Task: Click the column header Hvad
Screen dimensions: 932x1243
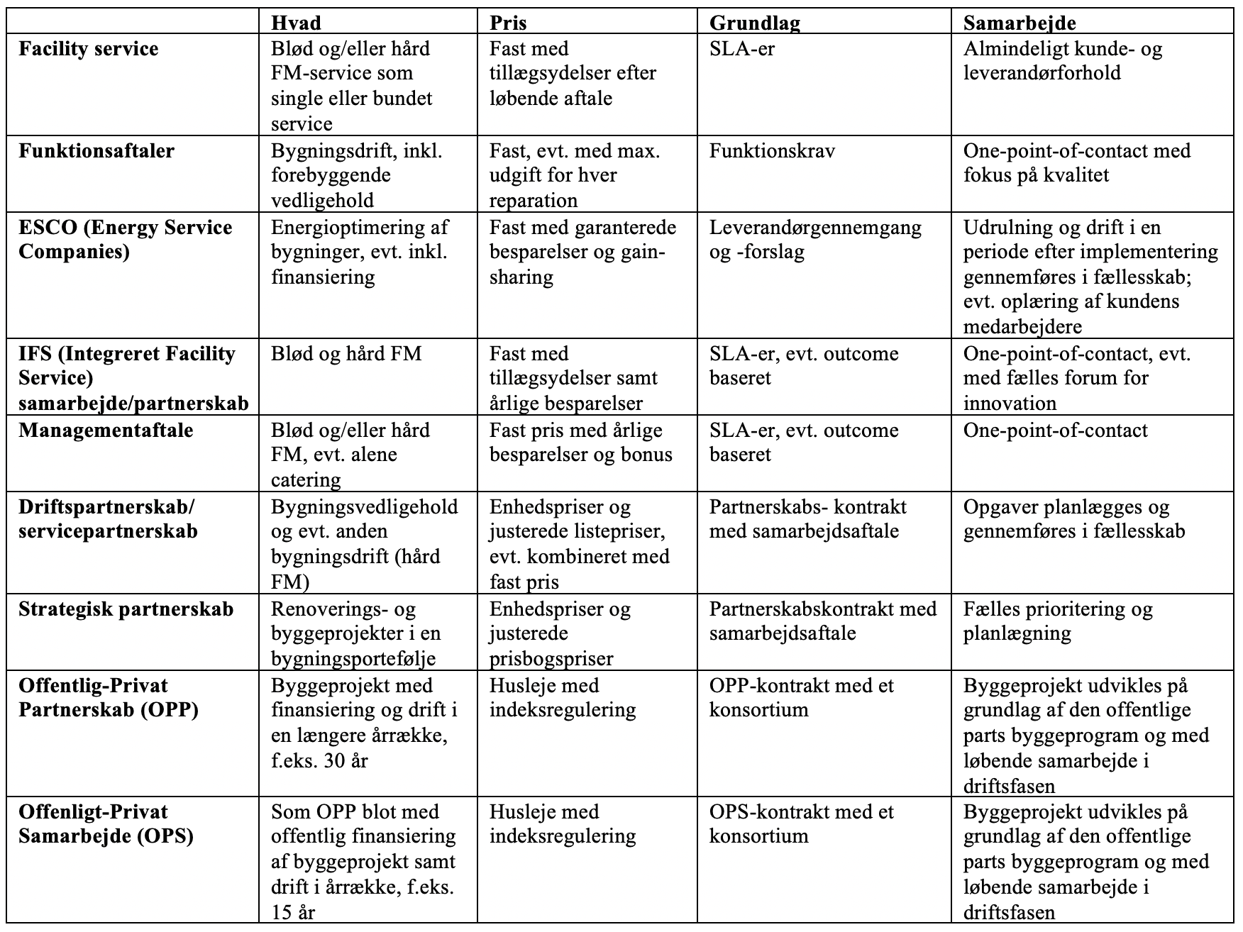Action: coord(296,23)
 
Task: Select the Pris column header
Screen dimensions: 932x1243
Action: coord(508,23)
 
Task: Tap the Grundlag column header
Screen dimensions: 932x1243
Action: coord(754,23)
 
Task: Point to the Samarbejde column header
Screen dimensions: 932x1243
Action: coord(1020,23)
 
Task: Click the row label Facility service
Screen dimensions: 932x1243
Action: coord(89,49)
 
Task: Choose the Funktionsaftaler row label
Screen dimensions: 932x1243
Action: coord(96,151)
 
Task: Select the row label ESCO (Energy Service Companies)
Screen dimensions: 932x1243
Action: coord(125,240)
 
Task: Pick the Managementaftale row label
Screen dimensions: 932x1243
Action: coord(106,431)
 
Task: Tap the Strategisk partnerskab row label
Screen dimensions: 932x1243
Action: coord(126,609)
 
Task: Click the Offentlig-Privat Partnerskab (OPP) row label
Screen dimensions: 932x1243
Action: coord(109,698)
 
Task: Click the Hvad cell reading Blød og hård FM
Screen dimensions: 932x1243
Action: coord(346,354)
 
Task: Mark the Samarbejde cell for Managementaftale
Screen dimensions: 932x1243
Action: coord(1055,431)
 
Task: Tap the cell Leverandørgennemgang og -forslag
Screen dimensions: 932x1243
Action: coord(815,240)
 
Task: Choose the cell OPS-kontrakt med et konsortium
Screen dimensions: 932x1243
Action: coord(802,823)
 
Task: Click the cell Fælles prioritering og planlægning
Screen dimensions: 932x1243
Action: coord(1058,621)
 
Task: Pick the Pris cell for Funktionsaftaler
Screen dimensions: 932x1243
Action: coord(575,175)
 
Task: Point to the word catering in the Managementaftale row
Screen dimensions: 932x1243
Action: coord(306,480)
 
